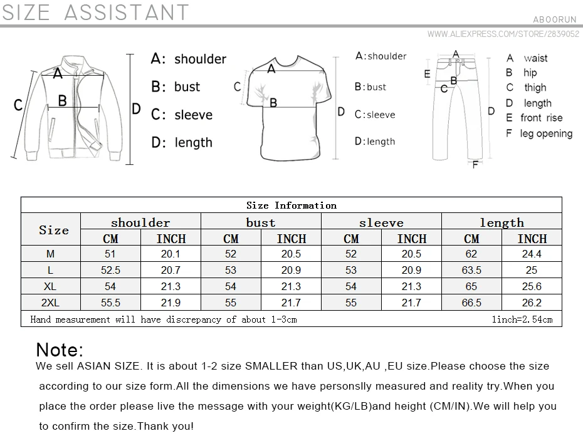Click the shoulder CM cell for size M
click(x=110, y=254)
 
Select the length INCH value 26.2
click(x=532, y=303)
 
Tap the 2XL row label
click(x=50, y=303)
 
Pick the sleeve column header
click(x=381, y=222)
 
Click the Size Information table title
click(x=291, y=205)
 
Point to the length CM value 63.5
click(x=471, y=270)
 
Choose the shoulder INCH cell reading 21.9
click(x=171, y=303)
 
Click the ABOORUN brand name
click(x=555, y=19)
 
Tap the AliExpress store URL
click(x=503, y=34)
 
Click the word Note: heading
click(x=60, y=350)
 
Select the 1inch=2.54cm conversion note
click(x=522, y=319)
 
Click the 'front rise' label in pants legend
click(x=542, y=118)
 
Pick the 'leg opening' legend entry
click(x=546, y=133)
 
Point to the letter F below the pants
click(x=475, y=165)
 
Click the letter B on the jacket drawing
click(x=63, y=101)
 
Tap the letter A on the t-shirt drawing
click(x=271, y=69)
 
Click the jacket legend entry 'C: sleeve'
click(x=182, y=115)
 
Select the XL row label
click(x=50, y=286)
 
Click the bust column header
click(x=261, y=222)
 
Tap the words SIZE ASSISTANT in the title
click(x=95, y=13)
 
